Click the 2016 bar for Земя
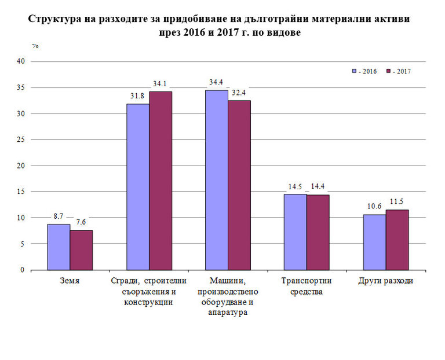click(59, 247)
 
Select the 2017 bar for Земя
click(81, 250)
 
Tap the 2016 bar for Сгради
click(138, 187)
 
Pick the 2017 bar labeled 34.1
click(161, 181)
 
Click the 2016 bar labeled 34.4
click(217, 180)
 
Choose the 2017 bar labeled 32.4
click(239, 185)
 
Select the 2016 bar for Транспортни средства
click(296, 232)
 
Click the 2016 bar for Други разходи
click(374, 242)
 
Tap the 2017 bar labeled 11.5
click(397, 240)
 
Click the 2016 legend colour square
click(354, 71)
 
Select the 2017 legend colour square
click(388, 71)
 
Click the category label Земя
click(70, 281)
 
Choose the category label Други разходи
click(386, 281)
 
